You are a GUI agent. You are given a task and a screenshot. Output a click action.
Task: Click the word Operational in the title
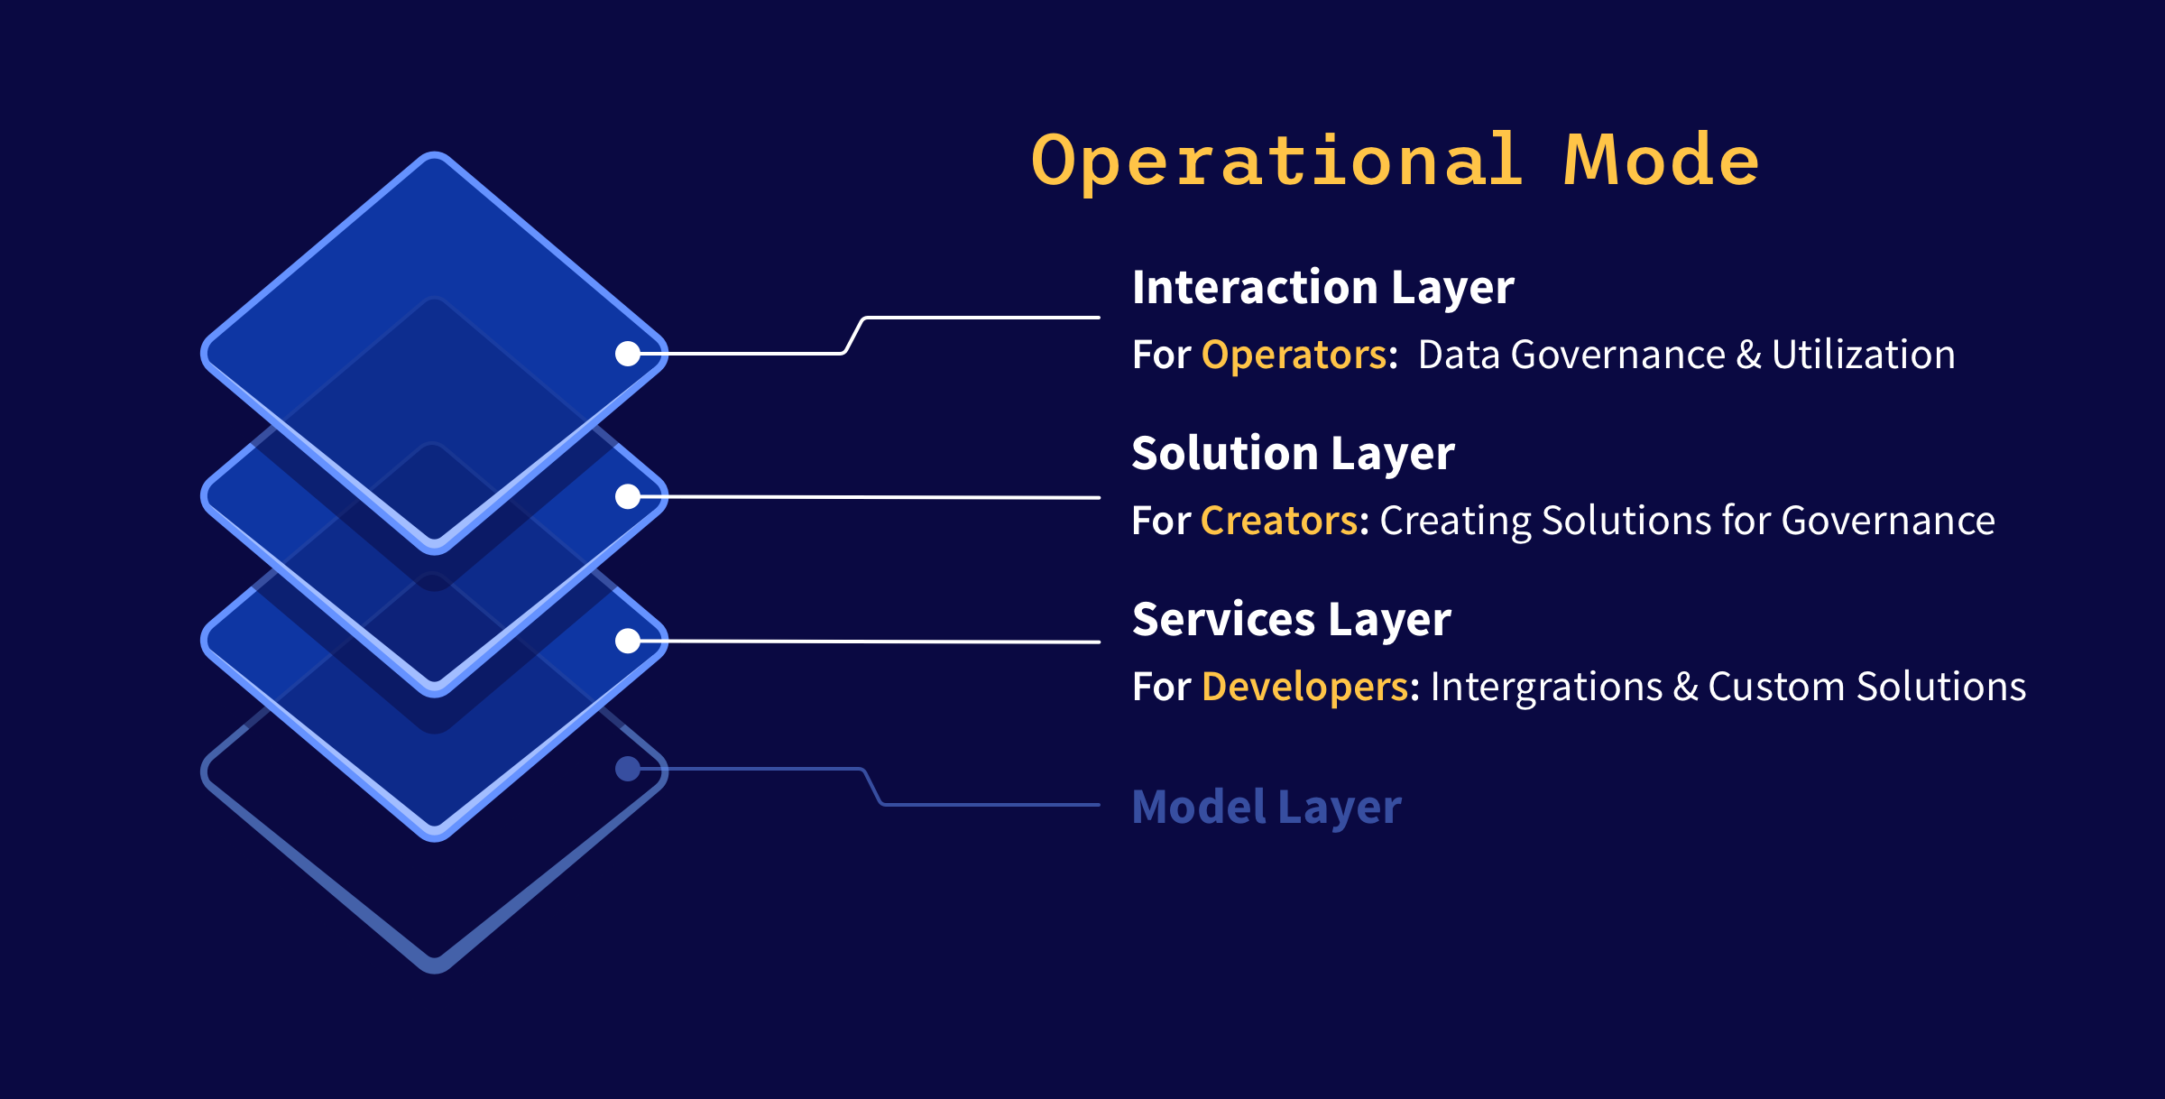tap(1276, 161)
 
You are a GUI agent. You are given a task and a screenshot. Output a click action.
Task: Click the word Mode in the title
tap(1661, 161)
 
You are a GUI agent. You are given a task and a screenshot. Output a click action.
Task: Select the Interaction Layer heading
tap(1322, 288)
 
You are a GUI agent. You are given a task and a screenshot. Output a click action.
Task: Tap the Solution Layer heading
tap(1293, 454)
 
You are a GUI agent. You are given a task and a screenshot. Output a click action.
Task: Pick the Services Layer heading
tap(1291, 620)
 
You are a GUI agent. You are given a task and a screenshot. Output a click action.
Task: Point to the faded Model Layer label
tap(1266, 807)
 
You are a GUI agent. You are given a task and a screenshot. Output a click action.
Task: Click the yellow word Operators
tap(1294, 355)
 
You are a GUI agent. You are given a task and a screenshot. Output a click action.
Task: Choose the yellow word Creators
tap(1279, 521)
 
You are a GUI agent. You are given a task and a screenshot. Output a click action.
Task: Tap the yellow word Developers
tap(1304, 687)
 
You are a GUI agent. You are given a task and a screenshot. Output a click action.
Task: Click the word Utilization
tap(1863, 355)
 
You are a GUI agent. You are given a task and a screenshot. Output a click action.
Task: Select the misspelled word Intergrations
tap(1546, 687)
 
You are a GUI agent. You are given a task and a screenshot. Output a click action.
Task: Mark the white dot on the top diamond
tap(628, 354)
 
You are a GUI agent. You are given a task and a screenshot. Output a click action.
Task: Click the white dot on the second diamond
tap(628, 496)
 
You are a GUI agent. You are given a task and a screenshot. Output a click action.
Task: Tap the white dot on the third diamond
tap(628, 641)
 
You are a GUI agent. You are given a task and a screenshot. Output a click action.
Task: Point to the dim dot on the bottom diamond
tap(628, 769)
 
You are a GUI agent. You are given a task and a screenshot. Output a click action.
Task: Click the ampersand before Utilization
tap(1748, 355)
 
